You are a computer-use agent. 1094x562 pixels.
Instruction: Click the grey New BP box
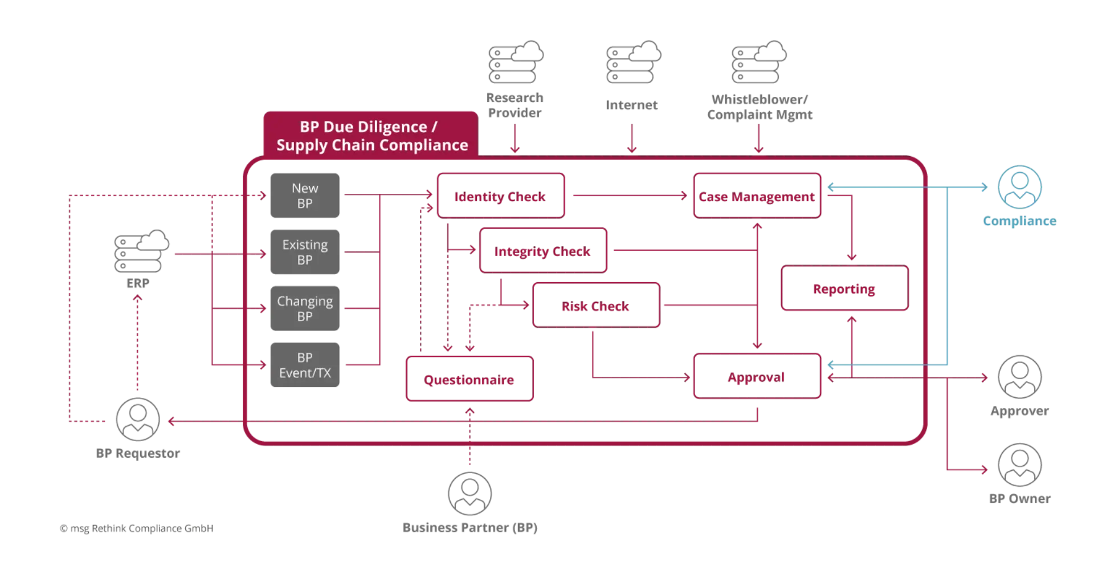[x=305, y=195]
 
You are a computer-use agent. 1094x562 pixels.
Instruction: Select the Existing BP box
[x=305, y=252]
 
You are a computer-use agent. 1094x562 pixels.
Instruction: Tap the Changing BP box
[x=305, y=308]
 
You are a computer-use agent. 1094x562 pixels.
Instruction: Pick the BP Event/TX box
[x=305, y=365]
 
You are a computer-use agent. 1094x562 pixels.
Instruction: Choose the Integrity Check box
[x=543, y=251]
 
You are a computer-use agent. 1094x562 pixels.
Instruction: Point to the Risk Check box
[x=595, y=306]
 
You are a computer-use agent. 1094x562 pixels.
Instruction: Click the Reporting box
[x=844, y=289]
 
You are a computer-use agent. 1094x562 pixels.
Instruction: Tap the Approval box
[x=756, y=377]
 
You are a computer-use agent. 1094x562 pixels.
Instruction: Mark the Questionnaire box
[x=468, y=380]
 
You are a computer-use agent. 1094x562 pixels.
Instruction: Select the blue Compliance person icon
[x=1019, y=187]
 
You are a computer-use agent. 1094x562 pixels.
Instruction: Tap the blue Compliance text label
[x=1019, y=221]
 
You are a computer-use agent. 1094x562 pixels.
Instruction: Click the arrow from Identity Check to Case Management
[x=627, y=196]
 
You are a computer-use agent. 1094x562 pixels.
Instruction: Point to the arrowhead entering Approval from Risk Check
[x=687, y=377]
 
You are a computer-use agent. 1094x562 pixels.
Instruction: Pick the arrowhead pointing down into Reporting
[x=851, y=258]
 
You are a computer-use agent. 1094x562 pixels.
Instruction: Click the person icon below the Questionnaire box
[x=470, y=493]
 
